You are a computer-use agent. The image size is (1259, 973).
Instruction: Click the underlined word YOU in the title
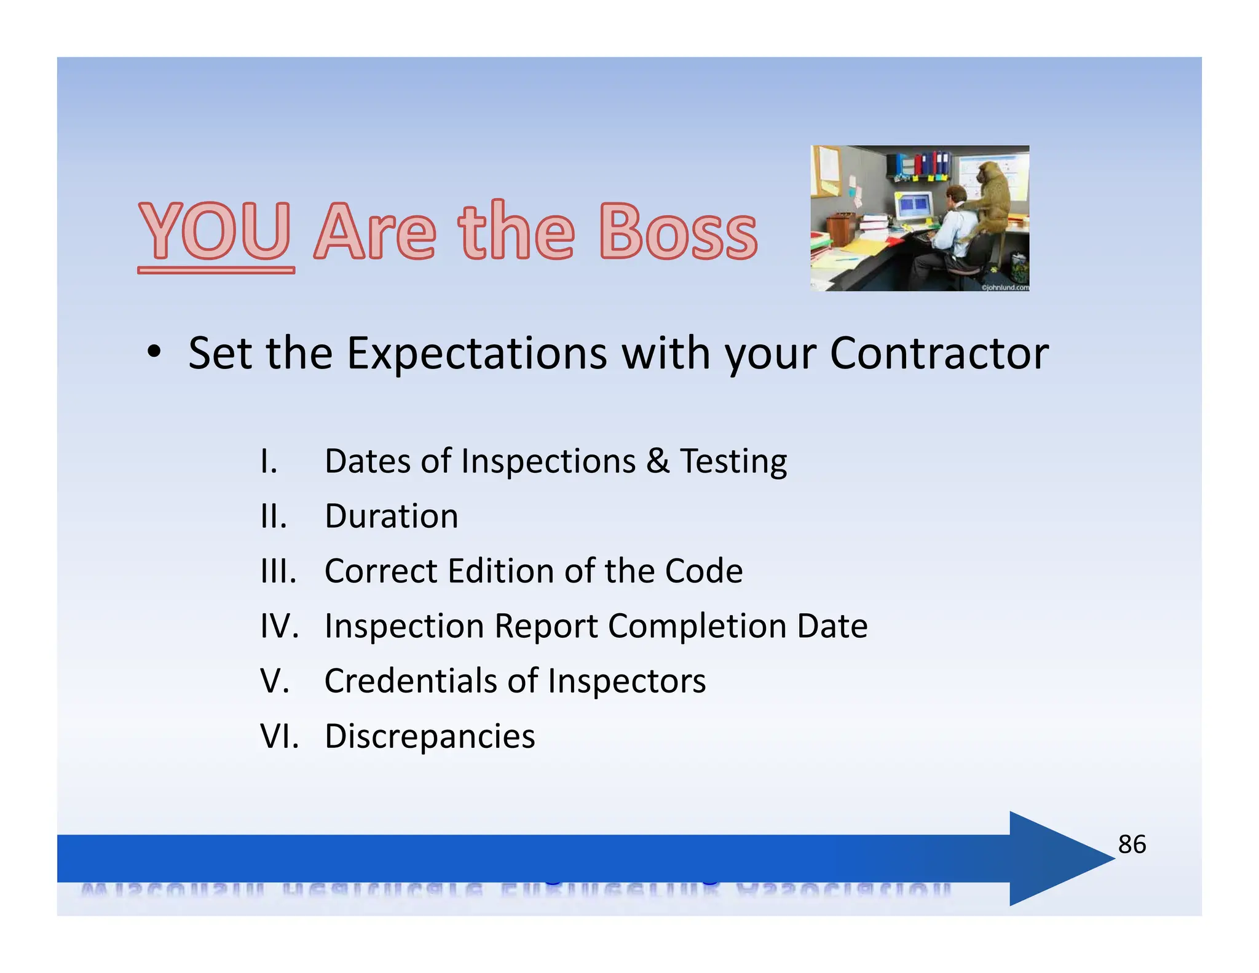[215, 232]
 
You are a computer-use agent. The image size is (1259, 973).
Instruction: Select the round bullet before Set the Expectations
[154, 352]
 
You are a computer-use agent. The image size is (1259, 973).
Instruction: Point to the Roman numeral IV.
[278, 626]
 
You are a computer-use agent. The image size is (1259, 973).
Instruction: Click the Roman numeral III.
[278, 571]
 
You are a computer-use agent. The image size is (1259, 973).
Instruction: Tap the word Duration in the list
[391, 516]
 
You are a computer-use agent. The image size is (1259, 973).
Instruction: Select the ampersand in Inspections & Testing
[657, 461]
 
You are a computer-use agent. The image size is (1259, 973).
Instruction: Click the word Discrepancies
[429, 736]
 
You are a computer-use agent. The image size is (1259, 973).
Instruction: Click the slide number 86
[1131, 844]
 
